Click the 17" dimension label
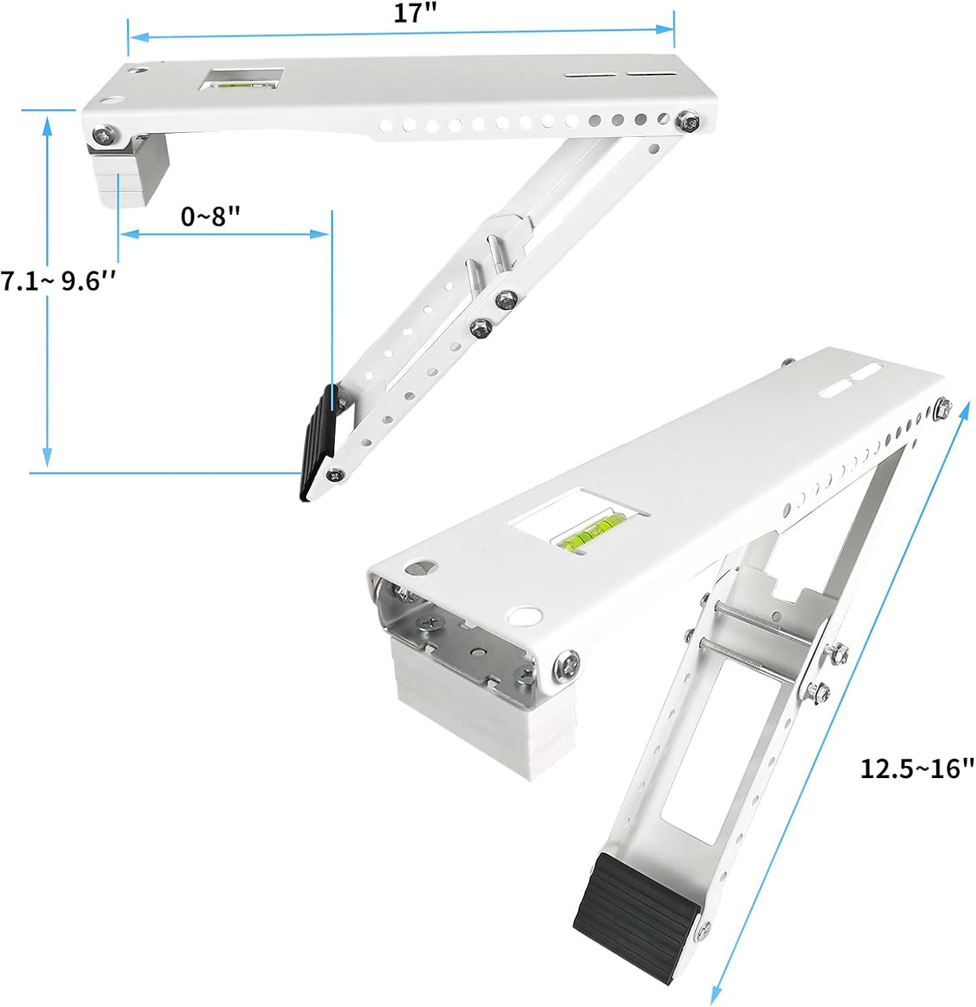coord(411,14)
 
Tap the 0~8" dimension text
coord(211,216)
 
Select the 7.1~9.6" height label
coord(59,281)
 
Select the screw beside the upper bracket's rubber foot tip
coord(334,475)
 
